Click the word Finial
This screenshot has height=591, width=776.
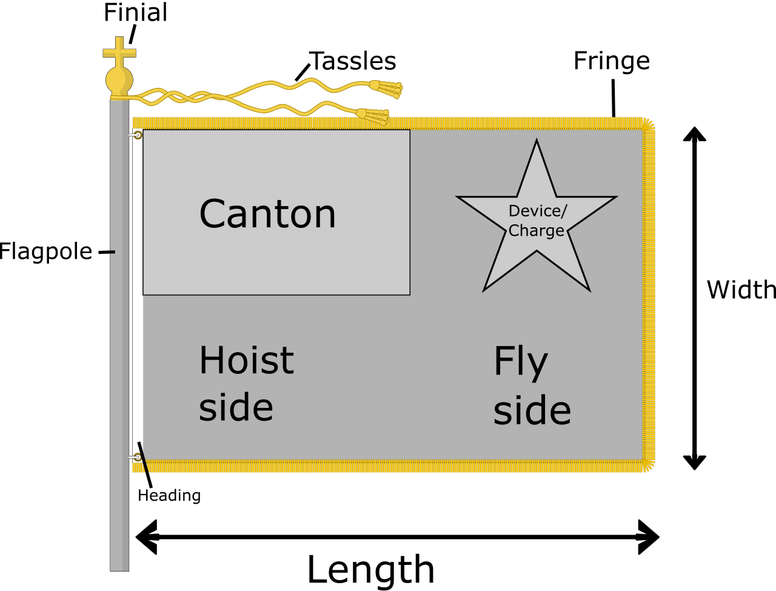(135, 13)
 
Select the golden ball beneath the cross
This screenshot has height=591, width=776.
(119, 81)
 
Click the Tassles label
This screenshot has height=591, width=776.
(352, 61)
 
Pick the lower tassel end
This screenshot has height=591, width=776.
(373, 116)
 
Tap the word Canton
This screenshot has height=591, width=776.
(267, 214)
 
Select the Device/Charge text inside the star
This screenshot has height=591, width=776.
(537, 221)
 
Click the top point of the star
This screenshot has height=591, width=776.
(537, 140)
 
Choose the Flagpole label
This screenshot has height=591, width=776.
(46, 252)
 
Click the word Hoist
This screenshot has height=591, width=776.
(246, 360)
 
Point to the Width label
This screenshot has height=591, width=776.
(741, 290)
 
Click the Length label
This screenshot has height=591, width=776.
(371, 570)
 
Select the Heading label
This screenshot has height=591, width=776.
(169, 496)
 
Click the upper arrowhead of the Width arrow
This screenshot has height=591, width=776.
(694, 135)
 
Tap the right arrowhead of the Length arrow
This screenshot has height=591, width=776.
(649, 537)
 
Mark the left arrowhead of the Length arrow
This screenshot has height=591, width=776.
(146, 537)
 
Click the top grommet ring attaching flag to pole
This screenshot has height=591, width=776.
(138, 135)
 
